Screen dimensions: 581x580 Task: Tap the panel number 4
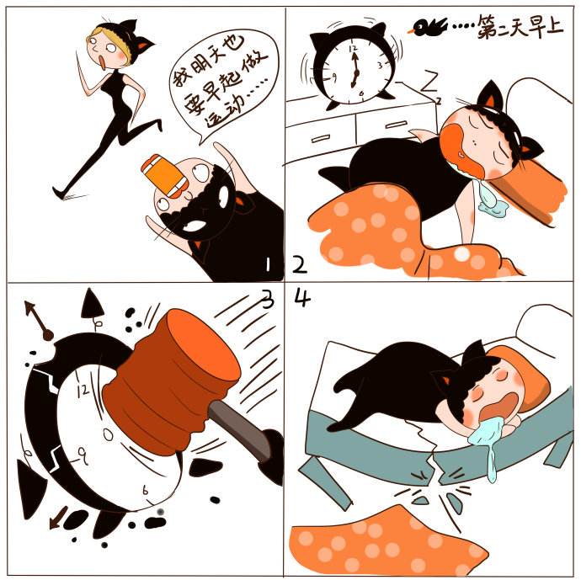302,298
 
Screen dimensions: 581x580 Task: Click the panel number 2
299,264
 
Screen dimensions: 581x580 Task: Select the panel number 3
268,299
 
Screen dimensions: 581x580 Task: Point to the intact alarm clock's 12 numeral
353,48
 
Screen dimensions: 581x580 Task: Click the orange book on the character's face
164,175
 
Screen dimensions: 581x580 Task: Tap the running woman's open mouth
101,62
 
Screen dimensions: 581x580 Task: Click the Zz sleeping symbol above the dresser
430,84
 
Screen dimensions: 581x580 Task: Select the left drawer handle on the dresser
321,138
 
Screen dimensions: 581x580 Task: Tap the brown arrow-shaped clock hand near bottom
58,518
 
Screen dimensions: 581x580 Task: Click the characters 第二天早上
520,27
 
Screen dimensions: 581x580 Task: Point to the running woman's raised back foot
160,125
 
